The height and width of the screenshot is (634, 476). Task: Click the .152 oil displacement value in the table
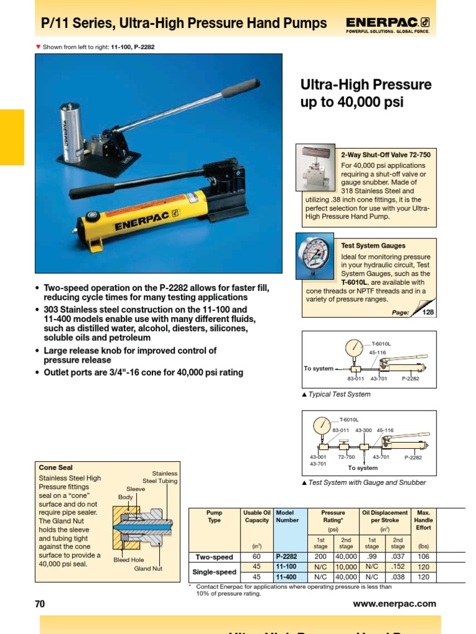398,567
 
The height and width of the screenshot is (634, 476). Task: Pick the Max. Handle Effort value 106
424,557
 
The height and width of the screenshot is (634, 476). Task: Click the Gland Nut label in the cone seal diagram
148,568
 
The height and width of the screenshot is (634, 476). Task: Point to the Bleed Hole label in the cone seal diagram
128,560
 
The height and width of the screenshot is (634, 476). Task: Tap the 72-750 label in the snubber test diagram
346,457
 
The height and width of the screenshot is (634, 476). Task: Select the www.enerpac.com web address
394,604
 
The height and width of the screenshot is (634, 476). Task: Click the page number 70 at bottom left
40,604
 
